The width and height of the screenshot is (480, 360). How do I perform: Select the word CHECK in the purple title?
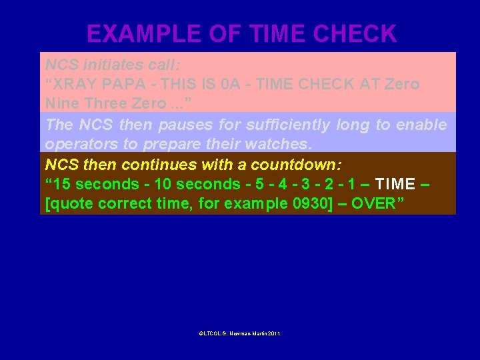pos(356,33)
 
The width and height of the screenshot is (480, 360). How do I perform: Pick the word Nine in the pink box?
pos(61,104)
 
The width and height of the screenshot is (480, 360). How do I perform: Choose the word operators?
pos(79,144)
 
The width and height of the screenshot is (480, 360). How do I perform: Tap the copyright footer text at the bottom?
pos(239,333)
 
